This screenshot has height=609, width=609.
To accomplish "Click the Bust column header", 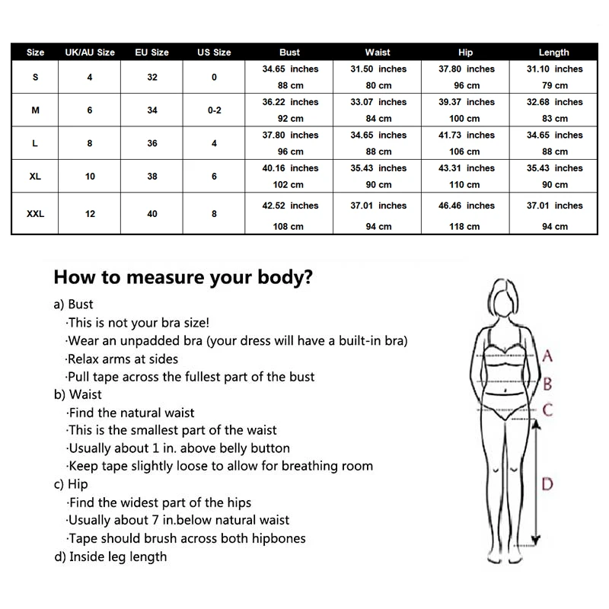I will (289, 53).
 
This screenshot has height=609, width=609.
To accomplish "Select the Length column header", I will (553, 53).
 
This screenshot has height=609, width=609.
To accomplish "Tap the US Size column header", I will (214, 53).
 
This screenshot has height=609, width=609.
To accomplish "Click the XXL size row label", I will (36, 214).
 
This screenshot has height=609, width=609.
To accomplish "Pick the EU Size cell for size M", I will (152, 110).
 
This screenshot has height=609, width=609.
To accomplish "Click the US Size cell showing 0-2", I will (214, 110).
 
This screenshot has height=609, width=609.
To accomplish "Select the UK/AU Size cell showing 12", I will (90, 214).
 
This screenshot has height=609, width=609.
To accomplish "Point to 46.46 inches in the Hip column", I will (466, 206).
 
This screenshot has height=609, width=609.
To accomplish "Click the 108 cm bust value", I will (290, 226).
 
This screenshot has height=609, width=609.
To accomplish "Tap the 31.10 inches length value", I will (554, 69).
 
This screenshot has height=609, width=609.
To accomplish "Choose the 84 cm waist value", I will (378, 118).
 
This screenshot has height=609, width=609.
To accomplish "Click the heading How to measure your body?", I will (183, 277).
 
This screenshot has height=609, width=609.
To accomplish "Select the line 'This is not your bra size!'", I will (138, 323).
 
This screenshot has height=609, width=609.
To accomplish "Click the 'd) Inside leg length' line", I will (110, 556).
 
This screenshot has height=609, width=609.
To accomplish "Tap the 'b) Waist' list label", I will (78, 394).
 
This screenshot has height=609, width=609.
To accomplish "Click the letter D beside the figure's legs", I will (547, 483).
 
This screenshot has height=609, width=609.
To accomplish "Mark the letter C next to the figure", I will (547, 411).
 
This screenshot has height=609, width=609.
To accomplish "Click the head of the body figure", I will (505, 299).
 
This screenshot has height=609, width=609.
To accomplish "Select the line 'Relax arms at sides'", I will (123, 359).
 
